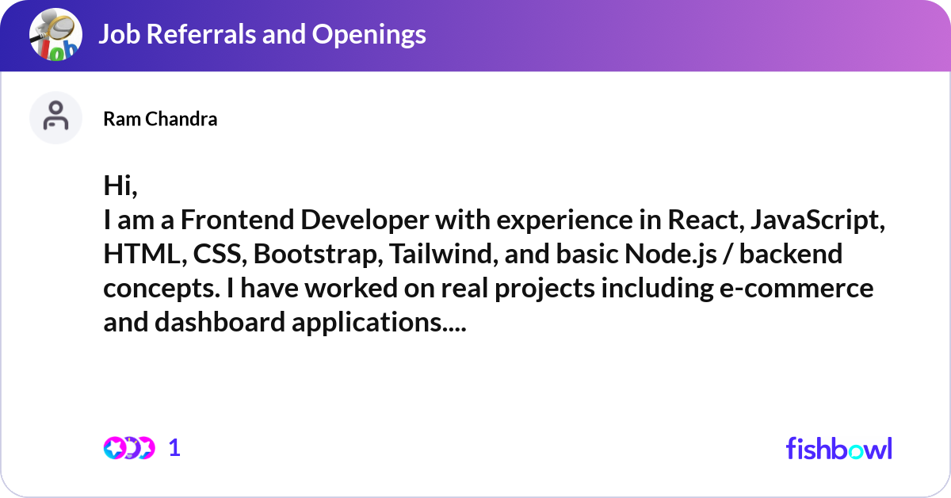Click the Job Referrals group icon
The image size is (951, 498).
pyautogui.click(x=55, y=34)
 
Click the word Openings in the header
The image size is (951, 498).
pyautogui.click(x=369, y=35)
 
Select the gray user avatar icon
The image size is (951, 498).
pyautogui.click(x=55, y=117)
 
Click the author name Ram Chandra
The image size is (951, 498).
pyautogui.click(x=160, y=119)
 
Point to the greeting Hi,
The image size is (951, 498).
pyautogui.click(x=120, y=186)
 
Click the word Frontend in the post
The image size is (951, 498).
pyautogui.click(x=237, y=220)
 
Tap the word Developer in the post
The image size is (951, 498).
pyautogui.click(x=365, y=221)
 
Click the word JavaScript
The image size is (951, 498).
pyautogui.click(x=818, y=221)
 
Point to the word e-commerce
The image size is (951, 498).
pyautogui.click(x=796, y=288)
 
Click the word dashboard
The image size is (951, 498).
pyautogui.click(x=220, y=322)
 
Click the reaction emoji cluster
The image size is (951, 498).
pyautogui.click(x=129, y=448)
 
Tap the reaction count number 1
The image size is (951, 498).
pyautogui.click(x=174, y=448)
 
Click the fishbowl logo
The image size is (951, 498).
pyautogui.click(x=839, y=448)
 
